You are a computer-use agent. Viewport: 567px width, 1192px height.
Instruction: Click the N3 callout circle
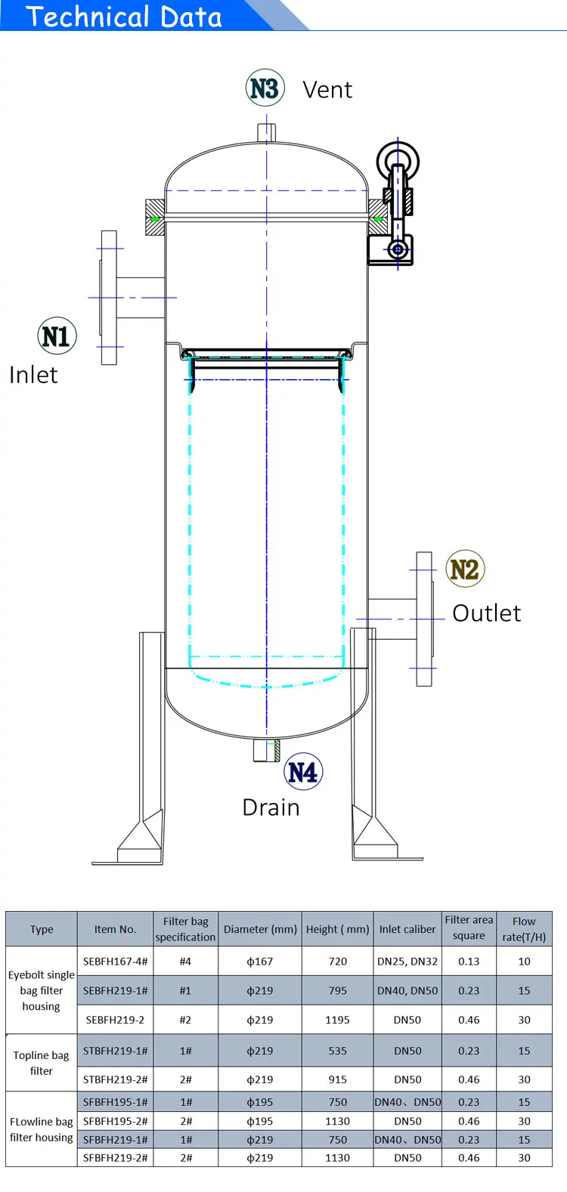click(x=265, y=88)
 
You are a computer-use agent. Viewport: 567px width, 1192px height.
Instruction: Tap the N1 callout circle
click(x=57, y=336)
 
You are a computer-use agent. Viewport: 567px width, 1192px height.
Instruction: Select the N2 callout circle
click(x=465, y=568)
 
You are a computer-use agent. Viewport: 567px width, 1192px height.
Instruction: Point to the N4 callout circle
click(x=303, y=771)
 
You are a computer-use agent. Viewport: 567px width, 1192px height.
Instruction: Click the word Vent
click(x=327, y=90)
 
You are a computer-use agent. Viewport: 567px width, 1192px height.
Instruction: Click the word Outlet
click(x=487, y=613)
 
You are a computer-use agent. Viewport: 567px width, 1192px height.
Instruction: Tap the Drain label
click(x=271, y=808)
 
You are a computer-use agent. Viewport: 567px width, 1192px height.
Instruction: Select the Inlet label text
click(x=33, y=375)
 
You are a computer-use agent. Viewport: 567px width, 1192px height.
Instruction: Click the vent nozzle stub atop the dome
click(x=266, y=132)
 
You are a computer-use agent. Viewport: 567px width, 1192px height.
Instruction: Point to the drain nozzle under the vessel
click(x=266, y=750)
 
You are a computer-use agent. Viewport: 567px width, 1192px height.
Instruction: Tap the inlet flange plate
click(x=109, y=298)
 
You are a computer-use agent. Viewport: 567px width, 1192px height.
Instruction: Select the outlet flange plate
click(x=424, y=619)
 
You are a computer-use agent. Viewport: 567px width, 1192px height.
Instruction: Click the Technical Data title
click(x=123, y=17)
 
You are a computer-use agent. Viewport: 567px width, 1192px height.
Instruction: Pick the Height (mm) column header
click(x=337, y=929)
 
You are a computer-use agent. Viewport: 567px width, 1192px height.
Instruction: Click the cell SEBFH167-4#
click(x=115, y=962)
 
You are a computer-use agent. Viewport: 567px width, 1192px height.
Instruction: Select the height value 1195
click(x=337, y=1020)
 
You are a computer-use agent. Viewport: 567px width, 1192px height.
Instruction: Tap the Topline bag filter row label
click(x=41, y=1063)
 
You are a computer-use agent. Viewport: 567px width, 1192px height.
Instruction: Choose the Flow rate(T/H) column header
click(x=524, y=929)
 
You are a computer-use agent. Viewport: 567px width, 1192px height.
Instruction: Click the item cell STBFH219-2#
click(x=115, y=1079)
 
